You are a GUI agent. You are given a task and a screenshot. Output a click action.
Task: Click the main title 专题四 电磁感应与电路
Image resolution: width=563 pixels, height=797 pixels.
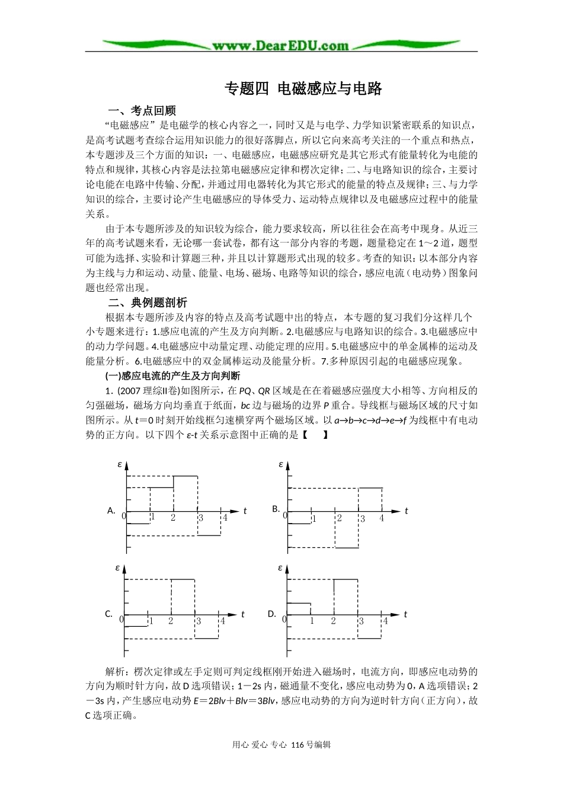click(303, 89)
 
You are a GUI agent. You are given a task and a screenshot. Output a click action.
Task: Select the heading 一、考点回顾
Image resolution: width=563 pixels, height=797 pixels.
click(142, 110)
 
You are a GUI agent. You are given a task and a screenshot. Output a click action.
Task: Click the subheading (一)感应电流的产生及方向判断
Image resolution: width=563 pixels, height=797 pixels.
click(172, 376)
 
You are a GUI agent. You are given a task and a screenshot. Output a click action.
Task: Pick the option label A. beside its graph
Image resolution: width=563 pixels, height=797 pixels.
click(111, 510)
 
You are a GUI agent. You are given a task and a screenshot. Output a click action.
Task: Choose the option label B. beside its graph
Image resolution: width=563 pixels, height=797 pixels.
click(276, 509)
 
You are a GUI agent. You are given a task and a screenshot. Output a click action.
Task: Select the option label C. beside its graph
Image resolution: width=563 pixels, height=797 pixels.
click(108, 614)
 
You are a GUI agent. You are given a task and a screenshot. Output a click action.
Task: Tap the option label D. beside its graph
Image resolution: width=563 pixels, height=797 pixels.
click(272, 614)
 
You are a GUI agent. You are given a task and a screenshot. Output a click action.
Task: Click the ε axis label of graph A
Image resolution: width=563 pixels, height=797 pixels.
click(120, 464)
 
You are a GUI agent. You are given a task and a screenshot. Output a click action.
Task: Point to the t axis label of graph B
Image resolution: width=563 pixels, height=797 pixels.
click(407, 511)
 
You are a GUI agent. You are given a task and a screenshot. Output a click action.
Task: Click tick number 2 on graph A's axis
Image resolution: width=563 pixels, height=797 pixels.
click(173, 518)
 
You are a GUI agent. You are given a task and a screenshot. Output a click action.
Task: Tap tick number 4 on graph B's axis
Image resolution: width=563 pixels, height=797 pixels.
click(382, 518)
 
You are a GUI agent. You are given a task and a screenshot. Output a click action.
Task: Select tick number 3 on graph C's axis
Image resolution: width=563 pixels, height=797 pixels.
click(199, 621)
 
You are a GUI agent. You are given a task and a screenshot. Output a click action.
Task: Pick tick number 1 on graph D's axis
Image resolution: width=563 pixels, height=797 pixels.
click(312, 621)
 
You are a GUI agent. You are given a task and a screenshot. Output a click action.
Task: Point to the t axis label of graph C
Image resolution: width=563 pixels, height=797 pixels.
click(243, 614)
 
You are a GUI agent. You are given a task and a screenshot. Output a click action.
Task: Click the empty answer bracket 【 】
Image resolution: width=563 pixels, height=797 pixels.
click(315, 435)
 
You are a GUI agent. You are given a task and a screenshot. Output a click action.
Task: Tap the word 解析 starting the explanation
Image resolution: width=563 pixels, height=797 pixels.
click(116, 672)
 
